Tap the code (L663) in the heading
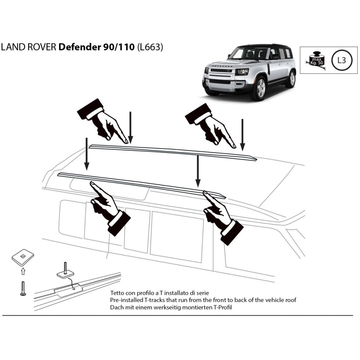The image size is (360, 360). click(150, 48)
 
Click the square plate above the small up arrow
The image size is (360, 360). click(23, 257)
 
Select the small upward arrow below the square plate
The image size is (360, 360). click(23, 271)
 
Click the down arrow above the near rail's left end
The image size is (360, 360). click(86, 153)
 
